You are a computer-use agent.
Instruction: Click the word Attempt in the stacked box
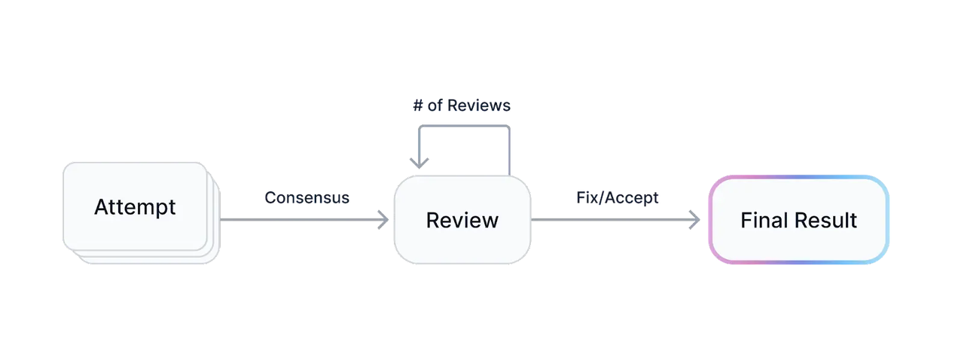(x=135, y=207)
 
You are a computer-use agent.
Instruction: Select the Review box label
(x=462, y=220)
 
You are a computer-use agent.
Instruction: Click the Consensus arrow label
(x=307, y=198)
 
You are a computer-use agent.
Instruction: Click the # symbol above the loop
(x=417, y=105)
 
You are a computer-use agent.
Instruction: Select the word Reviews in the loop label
(x=478, y=105)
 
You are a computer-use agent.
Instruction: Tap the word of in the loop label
(x=435, y=105)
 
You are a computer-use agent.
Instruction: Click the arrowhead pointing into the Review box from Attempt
(x=384, y=220)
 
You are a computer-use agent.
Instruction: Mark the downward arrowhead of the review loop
(x=419, y=163)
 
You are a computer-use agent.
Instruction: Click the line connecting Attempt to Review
(x=301, y=220)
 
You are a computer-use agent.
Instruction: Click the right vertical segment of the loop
(x=511, y=151)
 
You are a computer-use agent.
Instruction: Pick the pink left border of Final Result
(x=709, y=220)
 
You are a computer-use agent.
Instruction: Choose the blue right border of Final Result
(x=889, y=220)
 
